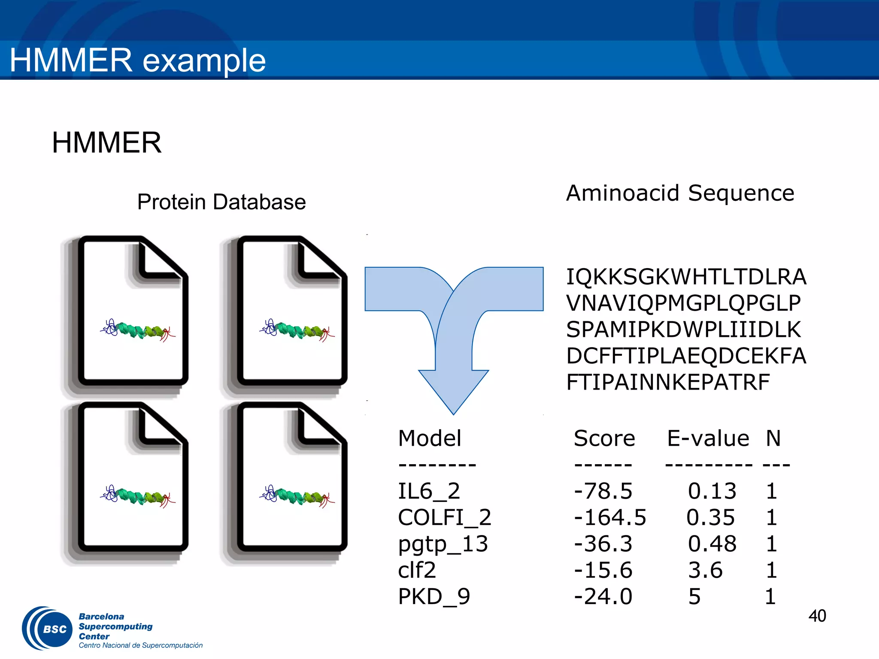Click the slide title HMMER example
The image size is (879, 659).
pyautogui.click(x=137, y=60)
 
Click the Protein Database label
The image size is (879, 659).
pyautogui.click(x=221, y=202)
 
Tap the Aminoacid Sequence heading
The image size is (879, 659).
pyautogui.click(x=680, y=193)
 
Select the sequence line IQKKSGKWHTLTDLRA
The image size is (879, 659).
pyautogui.click(x=686, y=277)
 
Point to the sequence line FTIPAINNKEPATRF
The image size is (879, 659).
pyautogui.click(x=668, y=382)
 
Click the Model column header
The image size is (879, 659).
pyautogui.click(x=430, y=438)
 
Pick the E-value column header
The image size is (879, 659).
pyautogui.click(x=708, y=438)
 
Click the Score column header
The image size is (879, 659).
pyautogui.click(x=604, y=438)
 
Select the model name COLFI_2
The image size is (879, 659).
pyautogui.click(x=444, y=517)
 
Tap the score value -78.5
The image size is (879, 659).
pyautogui.click(x=603, y=491)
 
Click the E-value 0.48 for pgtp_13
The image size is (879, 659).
pyautogui.click(x=712, y=544)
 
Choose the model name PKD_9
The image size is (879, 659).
pyautogui.click(x=434, y=596)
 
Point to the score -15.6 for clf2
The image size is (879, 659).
pyautogui.click(x=603, y=570)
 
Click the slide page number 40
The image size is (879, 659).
pyautogui.click(x=817, y=616)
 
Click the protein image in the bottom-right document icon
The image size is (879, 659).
pyautogui.click(x=297, y=496)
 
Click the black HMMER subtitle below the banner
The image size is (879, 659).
pyautogui.click(x=106, y=142)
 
